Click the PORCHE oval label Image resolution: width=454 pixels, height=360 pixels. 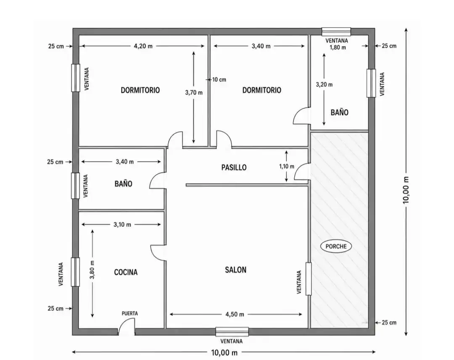336,247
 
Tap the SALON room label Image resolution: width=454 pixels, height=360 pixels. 236,270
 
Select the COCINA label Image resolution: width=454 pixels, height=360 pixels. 126,272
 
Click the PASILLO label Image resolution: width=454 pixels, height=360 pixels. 234,168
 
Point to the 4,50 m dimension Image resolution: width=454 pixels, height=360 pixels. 235,314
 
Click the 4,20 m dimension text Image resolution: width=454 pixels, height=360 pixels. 143,46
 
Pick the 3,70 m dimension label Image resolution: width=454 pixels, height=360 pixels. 194,92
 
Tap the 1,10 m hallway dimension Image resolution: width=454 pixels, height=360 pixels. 287,166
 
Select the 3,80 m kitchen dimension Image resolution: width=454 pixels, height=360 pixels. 92,270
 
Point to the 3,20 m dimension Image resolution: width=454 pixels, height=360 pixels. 324,84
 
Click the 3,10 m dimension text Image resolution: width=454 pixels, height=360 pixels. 122,225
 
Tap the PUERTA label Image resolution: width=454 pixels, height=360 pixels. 130,313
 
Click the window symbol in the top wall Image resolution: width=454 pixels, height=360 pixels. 336,32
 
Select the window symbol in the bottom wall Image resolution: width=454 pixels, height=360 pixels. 232,331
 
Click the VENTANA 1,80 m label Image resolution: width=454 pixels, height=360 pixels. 337,44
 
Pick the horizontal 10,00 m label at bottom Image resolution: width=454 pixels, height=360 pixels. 224,352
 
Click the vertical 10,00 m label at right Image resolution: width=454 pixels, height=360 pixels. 406,190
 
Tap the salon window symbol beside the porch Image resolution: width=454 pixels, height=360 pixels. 309,279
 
